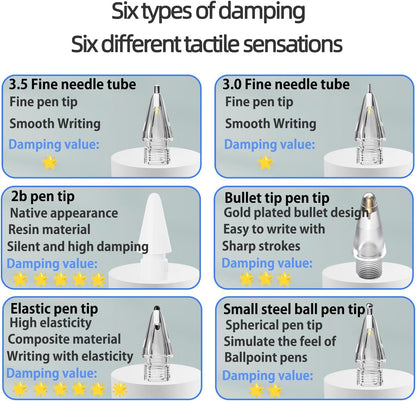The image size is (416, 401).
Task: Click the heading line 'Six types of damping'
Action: click(208, 11)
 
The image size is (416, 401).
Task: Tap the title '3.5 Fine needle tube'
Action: click(72, 84)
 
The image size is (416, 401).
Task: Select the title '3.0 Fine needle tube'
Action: click(286, 84)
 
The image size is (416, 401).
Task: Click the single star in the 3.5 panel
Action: click(50, 163)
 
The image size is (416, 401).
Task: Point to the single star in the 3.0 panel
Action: click(265, 163)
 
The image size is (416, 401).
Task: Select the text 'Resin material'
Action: click(49, 230)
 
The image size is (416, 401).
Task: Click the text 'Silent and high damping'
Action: click(78, 247)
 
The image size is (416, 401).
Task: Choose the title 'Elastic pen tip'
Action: click(54, 309)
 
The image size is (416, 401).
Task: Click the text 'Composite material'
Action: click(64, 339)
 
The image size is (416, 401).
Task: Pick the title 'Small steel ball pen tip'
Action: click(294, 309)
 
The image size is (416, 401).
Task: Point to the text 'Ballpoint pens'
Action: click(266, 358)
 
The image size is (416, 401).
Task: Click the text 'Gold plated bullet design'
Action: click(296, 213)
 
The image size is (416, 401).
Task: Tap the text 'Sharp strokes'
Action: click(261, 246)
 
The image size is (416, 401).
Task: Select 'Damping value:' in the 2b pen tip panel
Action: click(52, 264)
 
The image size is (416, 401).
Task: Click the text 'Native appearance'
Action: click(64, 213)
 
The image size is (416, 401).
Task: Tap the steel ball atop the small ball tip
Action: click(369, 306)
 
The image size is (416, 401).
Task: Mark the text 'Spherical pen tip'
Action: click(274, 325)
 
